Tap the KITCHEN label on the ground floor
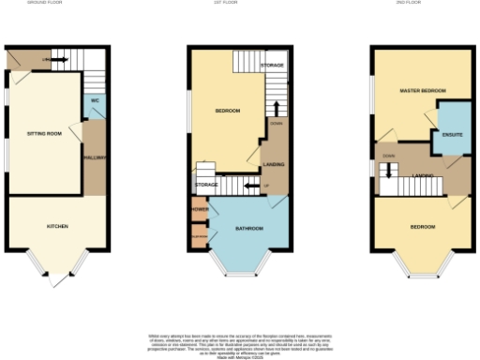pos(58,226)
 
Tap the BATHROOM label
pos(248,229)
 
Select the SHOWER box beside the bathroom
pos(199,210)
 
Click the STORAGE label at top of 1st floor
pos(272,65)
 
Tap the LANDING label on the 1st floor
pos(275,164)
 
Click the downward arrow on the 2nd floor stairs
pos(385,172)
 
